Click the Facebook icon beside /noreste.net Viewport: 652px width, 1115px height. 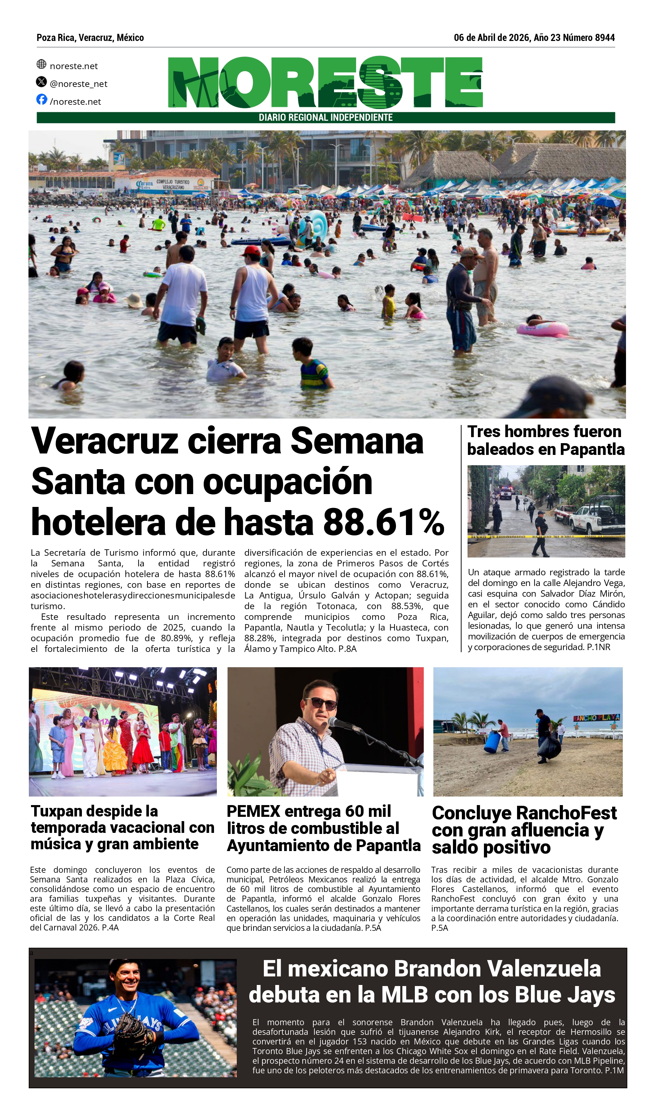(x=42, y=99)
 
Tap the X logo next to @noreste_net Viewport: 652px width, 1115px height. (x=42, y=82)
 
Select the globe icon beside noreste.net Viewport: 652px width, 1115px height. (x=42, y=64)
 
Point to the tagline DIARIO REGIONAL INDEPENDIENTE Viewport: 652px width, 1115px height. (x=325, y=118)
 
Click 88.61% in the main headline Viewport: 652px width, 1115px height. (x=384, y=523)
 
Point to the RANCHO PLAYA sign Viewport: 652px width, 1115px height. (x=596, y=718)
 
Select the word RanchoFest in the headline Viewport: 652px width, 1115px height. (x=566, y=813)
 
